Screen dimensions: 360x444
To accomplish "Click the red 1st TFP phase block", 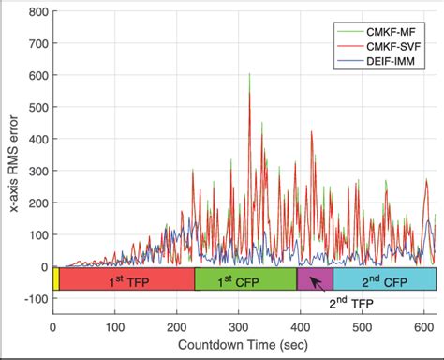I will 126,279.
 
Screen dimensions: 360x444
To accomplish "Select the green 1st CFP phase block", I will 245,279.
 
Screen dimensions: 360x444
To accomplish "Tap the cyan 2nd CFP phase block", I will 384,279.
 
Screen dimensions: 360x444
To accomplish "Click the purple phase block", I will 315,279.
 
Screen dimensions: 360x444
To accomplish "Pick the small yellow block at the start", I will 56,279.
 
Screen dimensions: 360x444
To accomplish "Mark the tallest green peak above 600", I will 249,75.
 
